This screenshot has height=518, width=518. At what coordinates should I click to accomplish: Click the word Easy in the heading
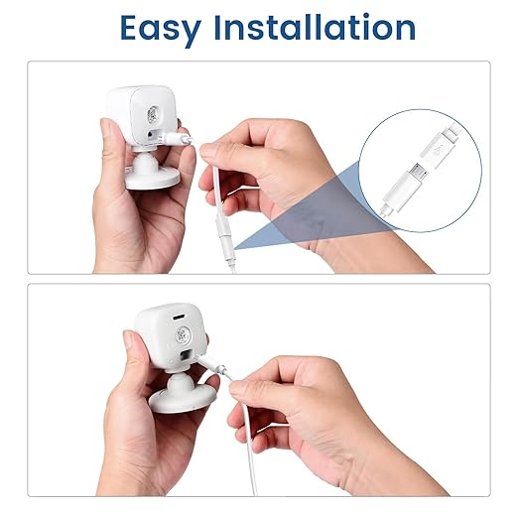161,30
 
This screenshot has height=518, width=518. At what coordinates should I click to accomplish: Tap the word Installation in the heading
315,27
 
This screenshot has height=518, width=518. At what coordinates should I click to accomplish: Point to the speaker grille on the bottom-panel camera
183,334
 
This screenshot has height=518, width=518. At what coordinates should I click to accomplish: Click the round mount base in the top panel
153,180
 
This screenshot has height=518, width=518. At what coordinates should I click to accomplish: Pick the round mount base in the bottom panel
182,399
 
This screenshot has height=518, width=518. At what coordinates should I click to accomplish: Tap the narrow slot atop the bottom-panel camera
179,317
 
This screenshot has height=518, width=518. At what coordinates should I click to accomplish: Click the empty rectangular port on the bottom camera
186,355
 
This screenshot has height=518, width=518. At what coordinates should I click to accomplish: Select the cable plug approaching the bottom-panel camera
211,364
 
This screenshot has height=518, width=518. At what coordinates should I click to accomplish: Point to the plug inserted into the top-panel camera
176,138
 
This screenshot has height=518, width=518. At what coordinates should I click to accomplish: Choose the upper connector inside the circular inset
440,143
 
